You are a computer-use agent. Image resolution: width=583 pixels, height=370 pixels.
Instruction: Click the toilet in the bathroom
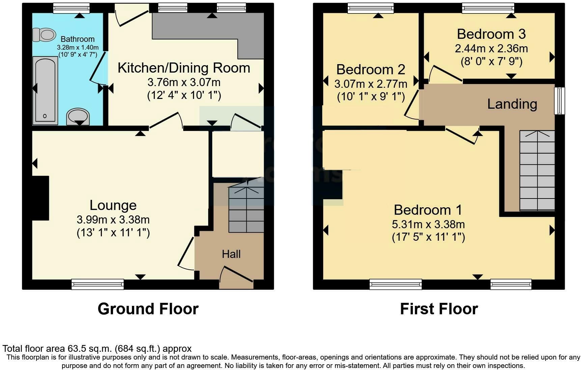[44, 34]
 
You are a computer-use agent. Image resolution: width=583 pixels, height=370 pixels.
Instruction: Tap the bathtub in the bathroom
[45, 90]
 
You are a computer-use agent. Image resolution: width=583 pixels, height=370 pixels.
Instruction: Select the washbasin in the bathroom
[79, 117]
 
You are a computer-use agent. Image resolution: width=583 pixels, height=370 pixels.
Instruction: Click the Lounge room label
[113, 205]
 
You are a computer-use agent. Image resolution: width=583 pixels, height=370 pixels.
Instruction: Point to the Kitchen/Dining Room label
[184, 68]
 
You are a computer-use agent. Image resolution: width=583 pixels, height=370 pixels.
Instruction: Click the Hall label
[231, 254]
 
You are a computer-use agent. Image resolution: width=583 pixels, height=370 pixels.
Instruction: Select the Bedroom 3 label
[491, 34]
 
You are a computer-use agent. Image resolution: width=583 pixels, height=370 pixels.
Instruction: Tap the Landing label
[512, 104]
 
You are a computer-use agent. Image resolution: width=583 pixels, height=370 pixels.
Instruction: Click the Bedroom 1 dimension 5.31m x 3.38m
[428, 224]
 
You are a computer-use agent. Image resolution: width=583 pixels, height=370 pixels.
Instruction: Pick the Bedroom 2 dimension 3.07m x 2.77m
[371, 83]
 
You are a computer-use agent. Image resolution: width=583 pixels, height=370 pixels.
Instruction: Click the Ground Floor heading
[148, 309]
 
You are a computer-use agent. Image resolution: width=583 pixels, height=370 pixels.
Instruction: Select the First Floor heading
[439, 309]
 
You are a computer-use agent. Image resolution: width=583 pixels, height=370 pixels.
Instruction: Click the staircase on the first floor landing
[537, 171]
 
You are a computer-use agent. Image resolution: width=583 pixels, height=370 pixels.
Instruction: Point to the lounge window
[98, 284]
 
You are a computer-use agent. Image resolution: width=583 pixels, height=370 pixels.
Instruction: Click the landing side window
[560, 101]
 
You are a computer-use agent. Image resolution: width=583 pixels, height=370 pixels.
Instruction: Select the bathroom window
[72, 8]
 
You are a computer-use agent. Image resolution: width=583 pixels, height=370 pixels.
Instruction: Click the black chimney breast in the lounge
[40, 198]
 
